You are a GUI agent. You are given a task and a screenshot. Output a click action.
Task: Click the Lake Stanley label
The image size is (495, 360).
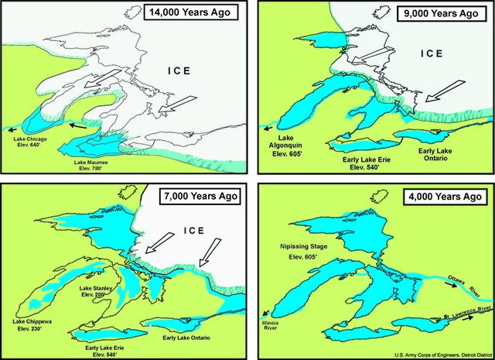pyautogui.click(x=99, y=291)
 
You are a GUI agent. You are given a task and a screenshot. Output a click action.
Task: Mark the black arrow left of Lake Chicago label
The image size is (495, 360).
pyautogui.click(x=11, y=129)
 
